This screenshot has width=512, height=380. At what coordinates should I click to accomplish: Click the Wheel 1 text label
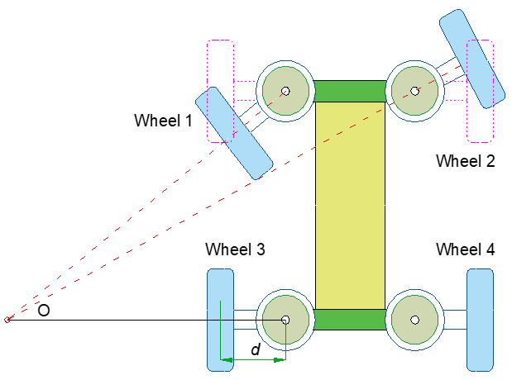click(x=163, y=121)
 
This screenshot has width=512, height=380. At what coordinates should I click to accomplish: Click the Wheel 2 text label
click(x=465, y=161)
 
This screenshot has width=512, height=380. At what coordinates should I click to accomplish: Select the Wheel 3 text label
click(x=235, y=249)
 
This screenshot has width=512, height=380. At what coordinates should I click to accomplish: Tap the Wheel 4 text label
click(x=465, y=249)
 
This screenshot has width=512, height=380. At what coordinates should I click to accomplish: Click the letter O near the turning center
click(x=45, y=310)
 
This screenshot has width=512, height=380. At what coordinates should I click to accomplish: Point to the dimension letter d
click(x=256, y=349)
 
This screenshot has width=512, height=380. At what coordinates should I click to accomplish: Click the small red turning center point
click(x=7, y=320)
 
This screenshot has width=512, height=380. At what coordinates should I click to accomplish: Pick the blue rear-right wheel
click(x=480, y=320)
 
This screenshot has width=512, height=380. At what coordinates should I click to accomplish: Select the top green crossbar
click(x=350, y=91)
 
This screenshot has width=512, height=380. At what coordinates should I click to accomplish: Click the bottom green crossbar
click(x=350, y=319)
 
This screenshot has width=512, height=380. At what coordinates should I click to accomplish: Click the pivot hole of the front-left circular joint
click(x=285, y=91)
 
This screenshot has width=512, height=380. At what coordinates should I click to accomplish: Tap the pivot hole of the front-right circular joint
click(x=414, y=91)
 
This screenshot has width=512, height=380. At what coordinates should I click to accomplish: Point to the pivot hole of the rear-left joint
click(x=285, y=320)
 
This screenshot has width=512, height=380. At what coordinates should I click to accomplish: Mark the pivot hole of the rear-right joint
click(x=414, y=320)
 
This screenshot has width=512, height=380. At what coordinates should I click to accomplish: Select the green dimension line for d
click(x=252, y=360)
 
